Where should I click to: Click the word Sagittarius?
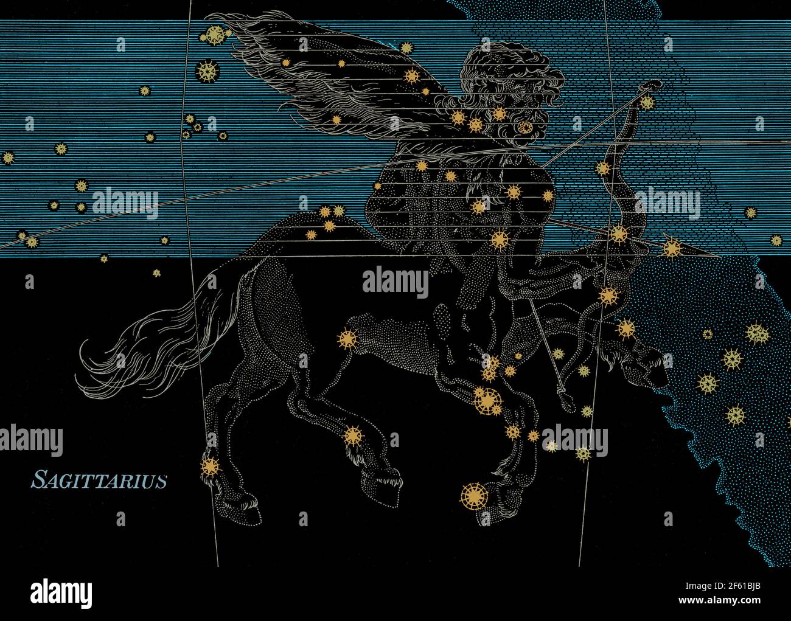99,480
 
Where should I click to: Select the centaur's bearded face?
517,109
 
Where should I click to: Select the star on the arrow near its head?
672,248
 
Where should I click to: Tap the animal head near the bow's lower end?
639,365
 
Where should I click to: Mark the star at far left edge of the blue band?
8,158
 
